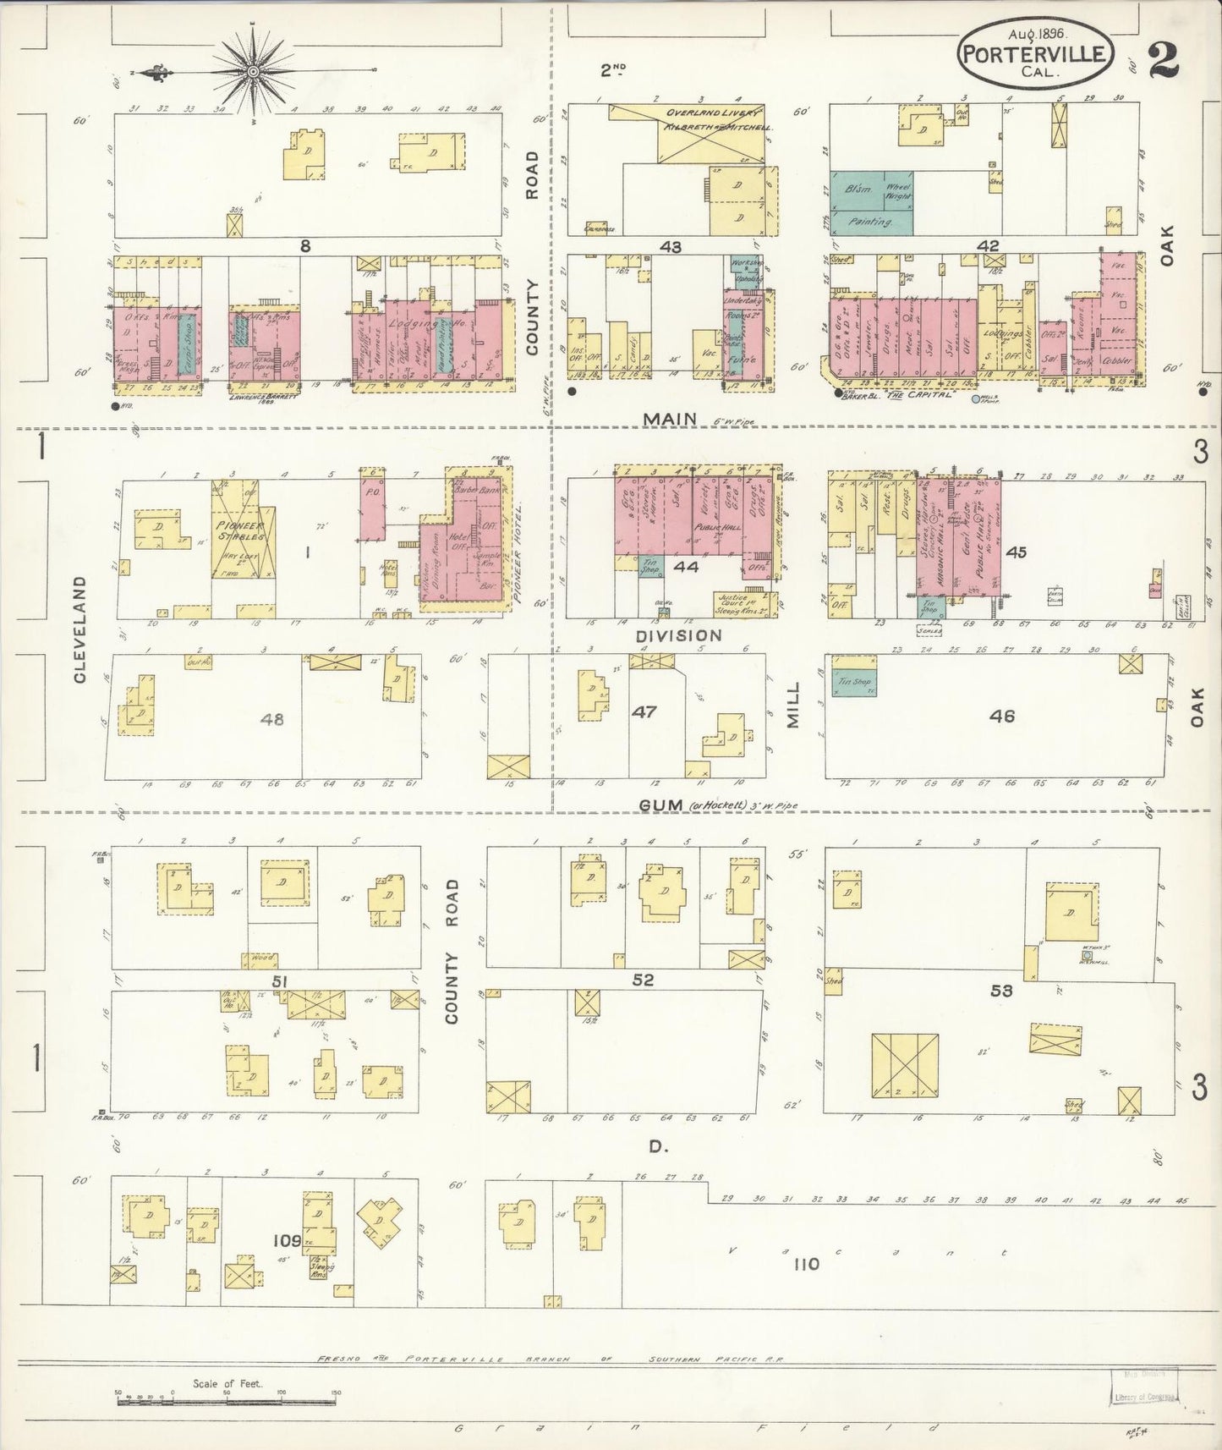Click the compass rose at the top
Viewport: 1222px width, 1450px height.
pos(252,73)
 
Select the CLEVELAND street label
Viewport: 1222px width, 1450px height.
pos(81,629)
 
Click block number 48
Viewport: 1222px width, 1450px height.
pos(272,719)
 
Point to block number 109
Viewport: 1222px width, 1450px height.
pos(287,1240)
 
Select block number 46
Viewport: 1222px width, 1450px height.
pos(1001,717)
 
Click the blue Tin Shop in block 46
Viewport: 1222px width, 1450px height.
pos(854,681)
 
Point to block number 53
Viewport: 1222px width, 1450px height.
pos(1001,989)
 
